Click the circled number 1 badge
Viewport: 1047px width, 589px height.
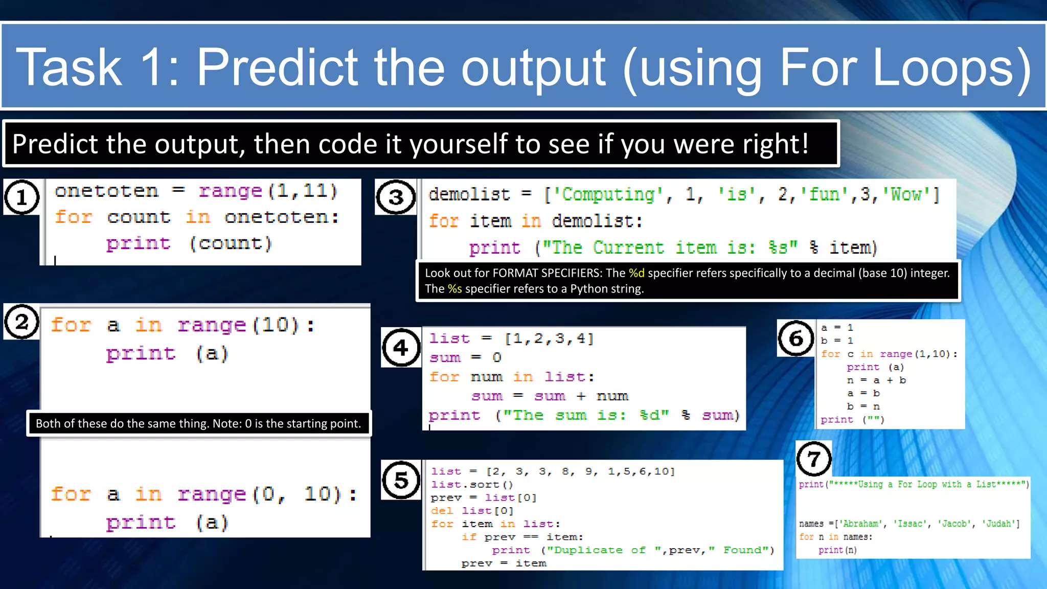(22, 197)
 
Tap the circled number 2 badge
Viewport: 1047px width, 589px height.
(21, 322)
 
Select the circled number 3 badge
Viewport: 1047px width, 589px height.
(396, 197)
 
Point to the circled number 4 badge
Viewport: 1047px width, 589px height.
(401, 348)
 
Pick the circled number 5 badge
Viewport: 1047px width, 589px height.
(401, 480)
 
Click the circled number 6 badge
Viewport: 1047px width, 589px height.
(796, 338)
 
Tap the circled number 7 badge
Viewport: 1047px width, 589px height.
(814, 459)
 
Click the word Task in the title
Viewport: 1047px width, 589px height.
(69, 67)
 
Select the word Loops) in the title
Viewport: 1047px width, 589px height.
(951, 67)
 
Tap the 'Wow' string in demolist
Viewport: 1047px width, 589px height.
(906, 195)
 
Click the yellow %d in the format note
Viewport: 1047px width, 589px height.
(636, 273)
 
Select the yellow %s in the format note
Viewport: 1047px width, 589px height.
(454, 289)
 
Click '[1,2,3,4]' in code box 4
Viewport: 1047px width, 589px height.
(549, 338)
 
